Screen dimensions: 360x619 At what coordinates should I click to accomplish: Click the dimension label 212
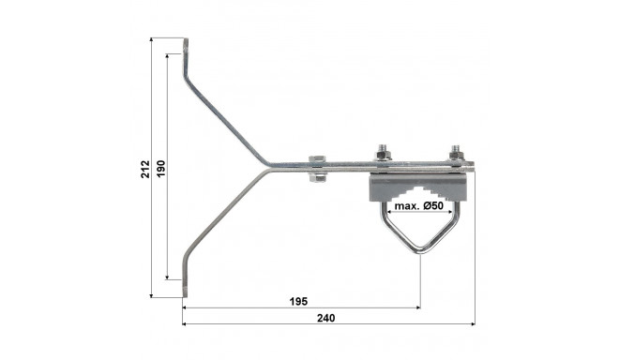pyautogui.click(x=145, y=169)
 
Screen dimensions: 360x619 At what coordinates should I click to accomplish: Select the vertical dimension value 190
pyautogui.click(x=161, y=169)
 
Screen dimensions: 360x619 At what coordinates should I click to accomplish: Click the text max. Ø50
pyautogui.click(x=419, y=205)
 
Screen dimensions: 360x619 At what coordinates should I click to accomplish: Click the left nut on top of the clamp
pyautogui.click(x=383, y=153)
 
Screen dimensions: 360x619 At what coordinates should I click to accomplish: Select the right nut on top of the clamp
pyautogui.click(x=455, y=153)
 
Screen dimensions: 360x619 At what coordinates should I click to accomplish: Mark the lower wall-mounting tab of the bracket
pyautogui.click(x=185, y=279)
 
